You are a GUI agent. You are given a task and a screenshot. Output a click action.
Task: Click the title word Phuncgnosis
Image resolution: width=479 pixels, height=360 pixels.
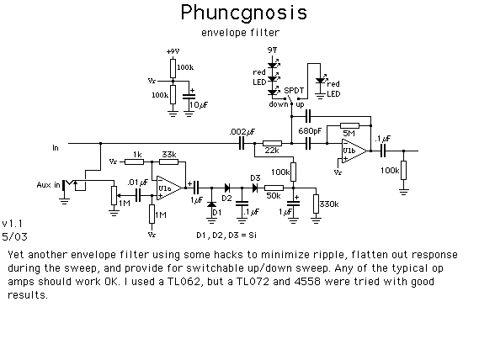244,13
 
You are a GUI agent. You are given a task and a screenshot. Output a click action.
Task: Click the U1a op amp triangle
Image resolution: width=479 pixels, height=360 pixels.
169,188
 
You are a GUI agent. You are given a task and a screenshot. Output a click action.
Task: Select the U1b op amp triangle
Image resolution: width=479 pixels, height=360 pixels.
354,151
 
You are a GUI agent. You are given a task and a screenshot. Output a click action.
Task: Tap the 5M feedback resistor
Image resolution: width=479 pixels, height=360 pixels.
349,125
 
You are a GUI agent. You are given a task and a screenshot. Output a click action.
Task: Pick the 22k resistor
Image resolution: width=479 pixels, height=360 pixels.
272,143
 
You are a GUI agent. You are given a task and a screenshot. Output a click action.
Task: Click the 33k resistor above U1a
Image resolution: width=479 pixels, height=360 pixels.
169,161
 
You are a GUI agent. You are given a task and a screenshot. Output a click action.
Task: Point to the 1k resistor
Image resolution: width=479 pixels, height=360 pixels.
135,161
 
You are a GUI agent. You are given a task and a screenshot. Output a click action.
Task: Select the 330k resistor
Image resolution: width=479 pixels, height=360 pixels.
316,204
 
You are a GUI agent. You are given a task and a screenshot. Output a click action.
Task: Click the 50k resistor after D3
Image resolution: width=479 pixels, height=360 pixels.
274,188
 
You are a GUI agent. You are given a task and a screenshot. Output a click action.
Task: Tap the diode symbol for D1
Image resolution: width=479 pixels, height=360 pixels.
211,204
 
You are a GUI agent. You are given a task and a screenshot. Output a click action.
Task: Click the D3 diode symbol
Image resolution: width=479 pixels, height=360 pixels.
255,188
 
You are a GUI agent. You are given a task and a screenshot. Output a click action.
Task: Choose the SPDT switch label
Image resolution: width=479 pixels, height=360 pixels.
294,91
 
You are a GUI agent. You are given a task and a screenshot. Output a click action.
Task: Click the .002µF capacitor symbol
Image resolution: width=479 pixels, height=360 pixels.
242,143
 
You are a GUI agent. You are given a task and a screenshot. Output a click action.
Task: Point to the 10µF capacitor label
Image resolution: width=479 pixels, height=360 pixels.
199,105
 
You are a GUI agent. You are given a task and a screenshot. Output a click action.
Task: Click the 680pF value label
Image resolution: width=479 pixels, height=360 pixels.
310,131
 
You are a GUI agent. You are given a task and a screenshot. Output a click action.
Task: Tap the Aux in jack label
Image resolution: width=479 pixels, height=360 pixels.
48,185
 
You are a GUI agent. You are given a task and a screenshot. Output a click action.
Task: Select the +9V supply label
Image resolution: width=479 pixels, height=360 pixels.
173,51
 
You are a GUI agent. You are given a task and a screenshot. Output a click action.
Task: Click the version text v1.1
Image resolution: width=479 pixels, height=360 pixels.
13,224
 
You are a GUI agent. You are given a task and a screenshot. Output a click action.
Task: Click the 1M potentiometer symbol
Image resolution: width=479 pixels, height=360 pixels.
114,196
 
